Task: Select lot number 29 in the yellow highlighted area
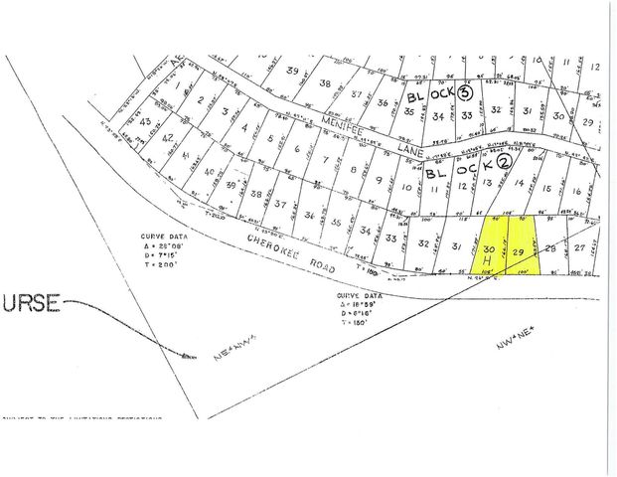519,253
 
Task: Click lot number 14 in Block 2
518,183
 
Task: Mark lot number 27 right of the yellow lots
579,249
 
